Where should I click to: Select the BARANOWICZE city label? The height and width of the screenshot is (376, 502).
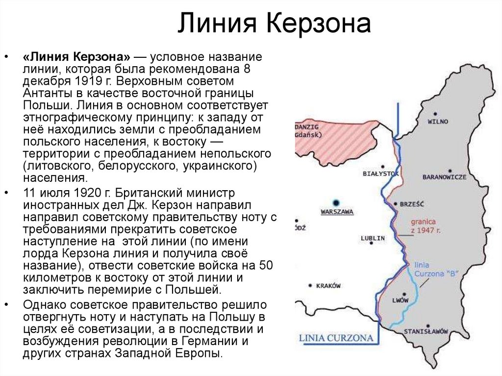(445, 177)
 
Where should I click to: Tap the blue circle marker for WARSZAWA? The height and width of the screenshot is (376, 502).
(336, 202)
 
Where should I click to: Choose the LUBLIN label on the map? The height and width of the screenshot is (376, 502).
(373, 238)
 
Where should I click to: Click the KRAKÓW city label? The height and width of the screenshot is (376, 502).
(328, 286)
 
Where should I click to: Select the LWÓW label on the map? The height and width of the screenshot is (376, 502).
(400, 300)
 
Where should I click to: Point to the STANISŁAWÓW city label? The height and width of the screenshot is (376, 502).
(426, 331)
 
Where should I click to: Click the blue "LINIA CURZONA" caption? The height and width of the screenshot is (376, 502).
(336, 338)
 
